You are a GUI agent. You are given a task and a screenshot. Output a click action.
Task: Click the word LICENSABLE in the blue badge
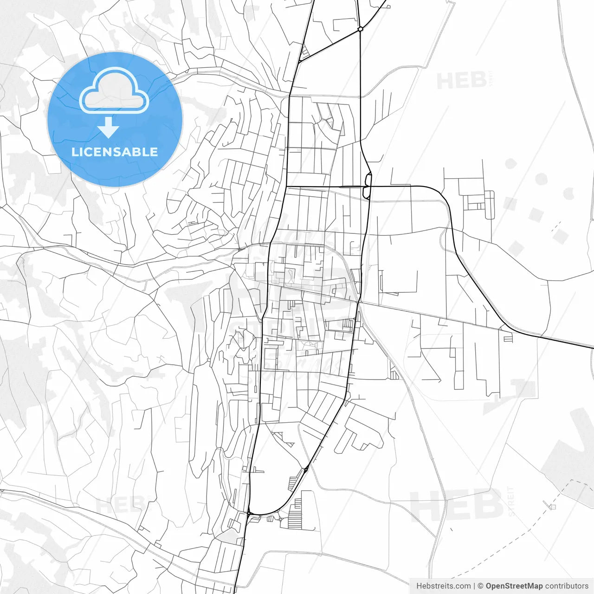[x=115, y=152]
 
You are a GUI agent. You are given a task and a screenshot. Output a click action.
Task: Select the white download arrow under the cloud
[x=109, y=127]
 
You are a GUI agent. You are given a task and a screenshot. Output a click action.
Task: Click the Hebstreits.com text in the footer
[x=443, y=586]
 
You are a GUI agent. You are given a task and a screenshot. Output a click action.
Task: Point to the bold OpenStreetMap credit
[x=514, y=586]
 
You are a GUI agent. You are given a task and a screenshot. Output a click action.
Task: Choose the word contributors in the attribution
[x=567, y=586]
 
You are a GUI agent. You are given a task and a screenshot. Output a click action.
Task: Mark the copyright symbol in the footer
[x=481, y=586]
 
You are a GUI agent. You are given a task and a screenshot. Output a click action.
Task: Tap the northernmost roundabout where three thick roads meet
[x=360, y=29]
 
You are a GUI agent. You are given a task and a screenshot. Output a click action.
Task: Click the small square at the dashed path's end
[x=552, y=506]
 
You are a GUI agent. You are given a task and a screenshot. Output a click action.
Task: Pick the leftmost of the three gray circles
[x=510, y=163]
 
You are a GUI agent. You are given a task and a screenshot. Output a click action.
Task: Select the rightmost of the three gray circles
[x=568, y=193]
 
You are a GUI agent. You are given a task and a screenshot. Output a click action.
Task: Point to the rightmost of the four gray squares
[x=561, y=236]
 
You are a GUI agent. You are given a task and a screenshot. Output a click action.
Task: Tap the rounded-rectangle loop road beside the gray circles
[x=489, y=204]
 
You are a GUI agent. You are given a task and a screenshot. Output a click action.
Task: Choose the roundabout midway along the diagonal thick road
[x=306, y=470]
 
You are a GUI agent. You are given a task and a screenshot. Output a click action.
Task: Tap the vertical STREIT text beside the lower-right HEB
[x=511, y=501]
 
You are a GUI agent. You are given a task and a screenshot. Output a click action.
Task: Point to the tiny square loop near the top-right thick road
[x=387, y=6]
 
